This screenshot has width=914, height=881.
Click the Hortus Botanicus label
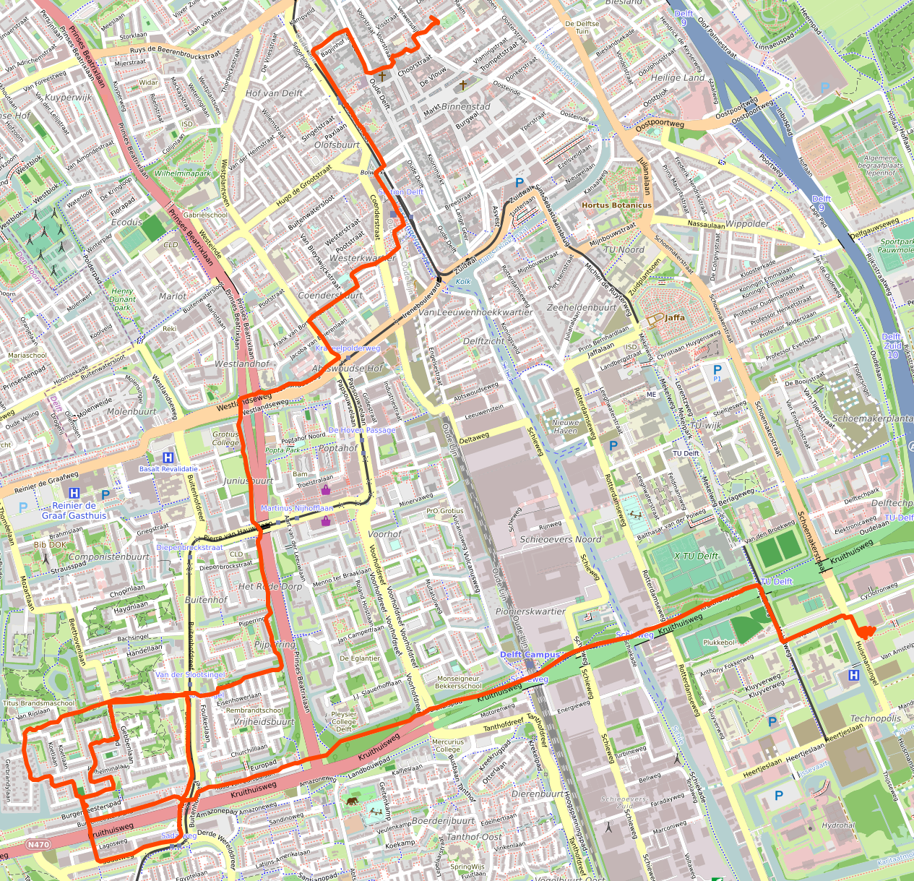616,205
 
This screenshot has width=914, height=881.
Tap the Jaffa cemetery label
674,317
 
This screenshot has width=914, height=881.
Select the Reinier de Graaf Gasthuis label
74,511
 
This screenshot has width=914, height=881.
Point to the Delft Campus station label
530,655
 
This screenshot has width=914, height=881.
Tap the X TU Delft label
696,556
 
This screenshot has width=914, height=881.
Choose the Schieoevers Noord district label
560,539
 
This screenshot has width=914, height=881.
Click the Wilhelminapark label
183,173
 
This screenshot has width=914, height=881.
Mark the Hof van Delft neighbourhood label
274,93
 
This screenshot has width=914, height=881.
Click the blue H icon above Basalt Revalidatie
168,457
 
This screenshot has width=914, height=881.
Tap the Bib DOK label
50,545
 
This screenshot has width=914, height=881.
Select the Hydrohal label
838,825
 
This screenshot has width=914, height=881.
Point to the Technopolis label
875,718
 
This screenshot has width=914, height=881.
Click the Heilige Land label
677,77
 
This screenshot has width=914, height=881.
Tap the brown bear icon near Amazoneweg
352,802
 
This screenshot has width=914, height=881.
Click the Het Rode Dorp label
270,586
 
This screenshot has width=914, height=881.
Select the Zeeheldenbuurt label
582,307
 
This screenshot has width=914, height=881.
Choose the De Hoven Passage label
362,430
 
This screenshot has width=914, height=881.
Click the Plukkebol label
718,642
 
